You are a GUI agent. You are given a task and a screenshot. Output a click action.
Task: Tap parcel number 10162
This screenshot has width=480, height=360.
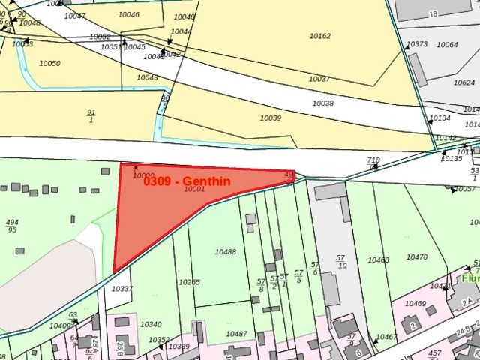click(320, 35)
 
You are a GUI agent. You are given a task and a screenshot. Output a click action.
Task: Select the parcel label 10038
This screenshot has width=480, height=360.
click(323, 103)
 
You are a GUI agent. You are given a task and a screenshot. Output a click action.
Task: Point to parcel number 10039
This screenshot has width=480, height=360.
click(270, 118)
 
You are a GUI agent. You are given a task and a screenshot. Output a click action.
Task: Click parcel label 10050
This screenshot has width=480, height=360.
click(49, 64)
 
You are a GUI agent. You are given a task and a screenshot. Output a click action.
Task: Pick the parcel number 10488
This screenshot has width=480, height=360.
click(225, 252)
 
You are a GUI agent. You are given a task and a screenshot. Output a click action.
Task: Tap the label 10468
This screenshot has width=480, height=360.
click(378, 260)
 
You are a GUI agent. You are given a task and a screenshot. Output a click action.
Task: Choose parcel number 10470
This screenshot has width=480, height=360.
click(417, 257)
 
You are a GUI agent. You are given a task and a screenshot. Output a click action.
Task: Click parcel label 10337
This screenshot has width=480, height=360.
click(121, 289)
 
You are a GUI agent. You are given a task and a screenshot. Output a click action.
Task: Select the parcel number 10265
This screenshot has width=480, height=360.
click(189, 282)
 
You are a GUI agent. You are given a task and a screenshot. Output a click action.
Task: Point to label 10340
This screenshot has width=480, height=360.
click(150, 324)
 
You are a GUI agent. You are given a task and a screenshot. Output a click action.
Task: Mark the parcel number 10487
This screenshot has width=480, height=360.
click(236, 334)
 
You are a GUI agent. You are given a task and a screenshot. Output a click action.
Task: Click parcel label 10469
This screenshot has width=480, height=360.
click(415, 304)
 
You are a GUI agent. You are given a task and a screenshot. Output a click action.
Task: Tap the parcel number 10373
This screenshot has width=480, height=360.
click(418, 44)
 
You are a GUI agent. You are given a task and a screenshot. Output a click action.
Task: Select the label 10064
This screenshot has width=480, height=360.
click(447, 45)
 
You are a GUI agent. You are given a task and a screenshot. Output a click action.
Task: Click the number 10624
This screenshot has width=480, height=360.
click(464, 82)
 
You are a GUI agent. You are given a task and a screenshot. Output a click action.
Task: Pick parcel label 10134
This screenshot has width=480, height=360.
click(440, 118)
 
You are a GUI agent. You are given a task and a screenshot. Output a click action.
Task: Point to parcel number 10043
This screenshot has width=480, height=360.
click(147, 78)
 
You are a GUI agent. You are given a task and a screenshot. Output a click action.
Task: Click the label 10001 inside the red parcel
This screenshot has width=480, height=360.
click(194, 190)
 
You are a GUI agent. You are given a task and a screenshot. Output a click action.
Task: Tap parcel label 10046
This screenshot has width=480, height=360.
click(128, 15)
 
